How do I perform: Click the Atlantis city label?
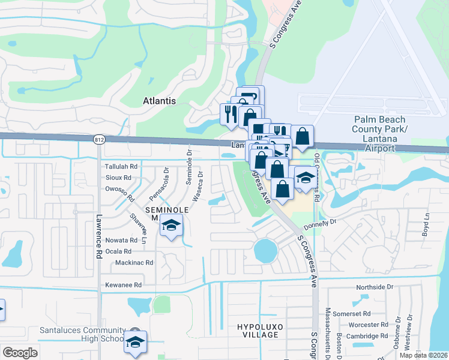[159, 101]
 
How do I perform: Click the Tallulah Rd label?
[122, 166]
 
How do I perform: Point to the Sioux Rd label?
[118, 178]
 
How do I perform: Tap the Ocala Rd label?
[118, 251]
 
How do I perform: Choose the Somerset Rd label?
[352, 313]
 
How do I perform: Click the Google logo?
[20, 353]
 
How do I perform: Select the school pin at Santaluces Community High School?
[136, 343]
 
